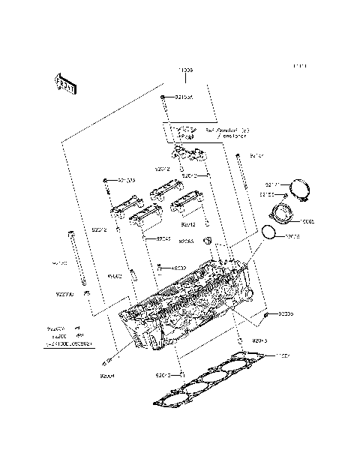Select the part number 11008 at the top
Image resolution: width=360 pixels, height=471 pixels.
[185, 70]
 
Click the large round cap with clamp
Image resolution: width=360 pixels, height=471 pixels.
[300, 190]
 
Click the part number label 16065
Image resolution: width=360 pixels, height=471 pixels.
[307, 222]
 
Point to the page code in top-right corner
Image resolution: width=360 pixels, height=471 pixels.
[300, 67]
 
